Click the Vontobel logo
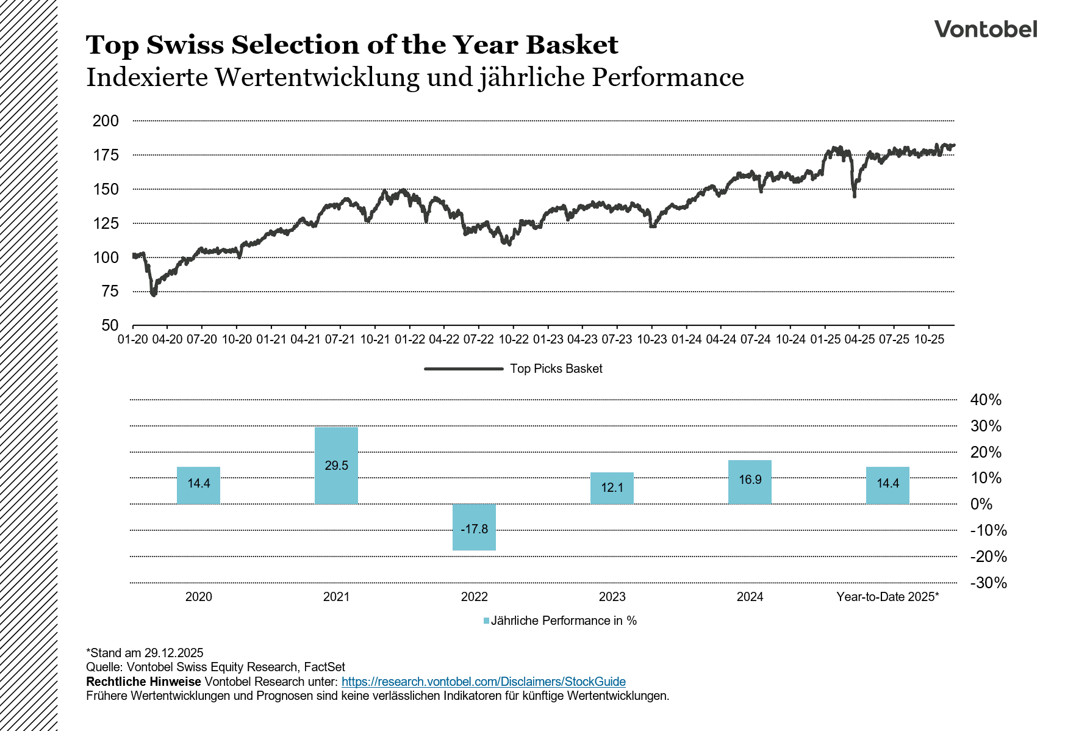pyautogui.click(x=985, y=29)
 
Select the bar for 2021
pyautogui.click(x=336, y=465)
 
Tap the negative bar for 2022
pyautogui.click(x=474, y=527)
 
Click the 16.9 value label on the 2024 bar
pyautogui.click(x=750, y=480)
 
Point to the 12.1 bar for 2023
pyautogui.click(x=612, y=488)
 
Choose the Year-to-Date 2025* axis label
pyautogui.click(x=888, y=597)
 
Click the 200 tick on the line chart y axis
pyautogui.click(x=106, y=121)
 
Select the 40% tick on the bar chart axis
pyautogui.click(x=986, y=400)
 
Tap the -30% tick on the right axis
pyautogui.click(x=988, y=583)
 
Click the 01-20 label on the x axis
pyautogui.click(x=132, y=339)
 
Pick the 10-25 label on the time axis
pyautogui.click(x=928, y=339)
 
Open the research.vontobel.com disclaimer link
pyautogui.click(x=483, y=682)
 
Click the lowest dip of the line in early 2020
pyautogui.click(x=153, y=294)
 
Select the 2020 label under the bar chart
pyautogui.click(x=198, y=597)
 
